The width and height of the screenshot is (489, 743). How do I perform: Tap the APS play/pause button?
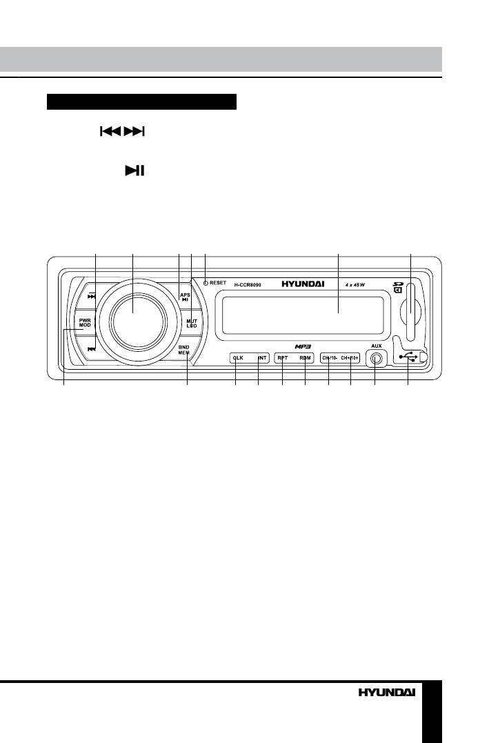(x=185, y=297)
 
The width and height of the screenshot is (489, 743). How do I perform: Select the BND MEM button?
(x=184, y=349)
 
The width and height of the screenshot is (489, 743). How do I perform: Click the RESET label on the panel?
(x=218, y=283)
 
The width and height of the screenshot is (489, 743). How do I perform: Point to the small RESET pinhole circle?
(x=206, y=283)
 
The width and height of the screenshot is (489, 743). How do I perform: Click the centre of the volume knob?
(x=133, y=321)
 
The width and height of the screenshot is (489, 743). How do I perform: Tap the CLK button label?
(x=239, y=358)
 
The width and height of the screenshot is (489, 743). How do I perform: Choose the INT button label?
(x=261, y=358)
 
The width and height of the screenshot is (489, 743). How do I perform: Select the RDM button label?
(x=305, y=358)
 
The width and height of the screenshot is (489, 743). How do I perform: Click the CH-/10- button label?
(x=328, y=358)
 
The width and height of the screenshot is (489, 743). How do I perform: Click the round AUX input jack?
(x=376, y=359)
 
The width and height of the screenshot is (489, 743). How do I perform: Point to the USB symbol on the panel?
(x=410, y=357)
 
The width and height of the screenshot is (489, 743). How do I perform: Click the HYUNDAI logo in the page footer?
(x=386, y=691)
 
